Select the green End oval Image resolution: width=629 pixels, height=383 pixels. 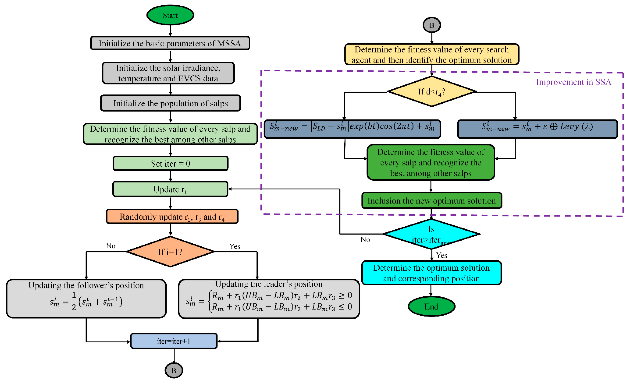[x=431, y=306]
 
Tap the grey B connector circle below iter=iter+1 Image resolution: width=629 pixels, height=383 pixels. [x=174, y=370]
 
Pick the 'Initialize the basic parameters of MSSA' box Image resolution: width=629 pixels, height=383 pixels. [x=170, y=43]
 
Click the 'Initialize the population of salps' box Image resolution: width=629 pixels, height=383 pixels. [x=171, y=103]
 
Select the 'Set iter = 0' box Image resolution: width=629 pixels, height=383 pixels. [x=171, y=163]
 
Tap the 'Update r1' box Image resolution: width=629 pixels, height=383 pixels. [x=170, y=189]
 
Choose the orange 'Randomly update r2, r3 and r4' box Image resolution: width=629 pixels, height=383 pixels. [x=172, y=217]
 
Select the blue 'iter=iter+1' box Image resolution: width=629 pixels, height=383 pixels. [x=174, y=341]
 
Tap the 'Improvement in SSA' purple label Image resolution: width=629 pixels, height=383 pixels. [x=573, y=82]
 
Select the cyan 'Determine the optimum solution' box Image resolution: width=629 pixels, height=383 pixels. [x=431, y=273]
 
